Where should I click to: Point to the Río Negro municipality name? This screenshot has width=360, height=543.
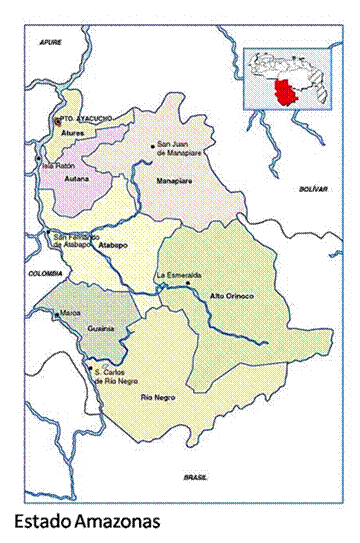coord(153,399)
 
